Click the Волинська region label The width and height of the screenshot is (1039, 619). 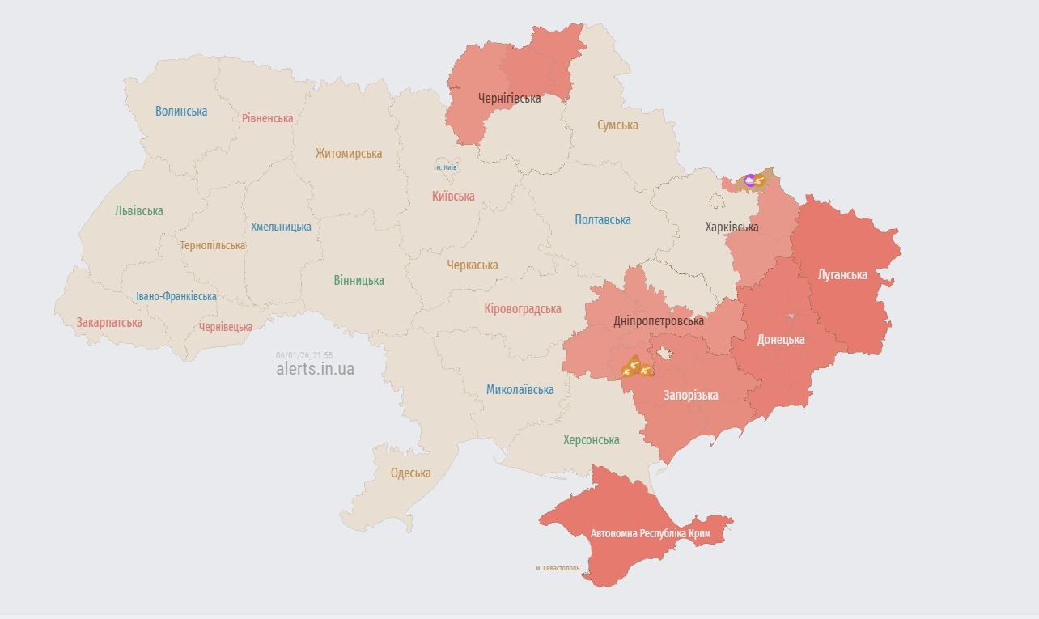click(181, 112)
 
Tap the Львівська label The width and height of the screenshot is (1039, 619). click(138, 211)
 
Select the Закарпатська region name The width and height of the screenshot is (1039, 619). click(109, 323)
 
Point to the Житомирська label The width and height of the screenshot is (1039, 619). click(349, 154)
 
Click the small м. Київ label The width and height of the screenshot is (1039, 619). click(446, 167)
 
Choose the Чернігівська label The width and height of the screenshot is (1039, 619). click(509, 99)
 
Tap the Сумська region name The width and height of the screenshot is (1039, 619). click(617, 125)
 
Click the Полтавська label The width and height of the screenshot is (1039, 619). click(602, 220)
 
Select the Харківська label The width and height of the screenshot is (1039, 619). click(732, 227)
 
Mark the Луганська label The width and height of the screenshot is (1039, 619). click(842, 275)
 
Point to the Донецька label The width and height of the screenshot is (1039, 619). click(780, 340)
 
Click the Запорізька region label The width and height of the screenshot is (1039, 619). click(690, 396)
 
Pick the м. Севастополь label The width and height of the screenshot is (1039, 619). click(558, 568)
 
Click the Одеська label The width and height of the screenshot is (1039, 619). click(410, 473)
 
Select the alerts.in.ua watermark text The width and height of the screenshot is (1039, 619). click(315, 369)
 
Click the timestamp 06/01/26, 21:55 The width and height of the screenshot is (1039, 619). click(304, 355)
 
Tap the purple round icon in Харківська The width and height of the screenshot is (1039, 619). click(749, 180)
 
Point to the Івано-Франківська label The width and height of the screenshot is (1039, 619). click(176, 297)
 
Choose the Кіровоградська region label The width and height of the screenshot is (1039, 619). click(522, 309)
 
